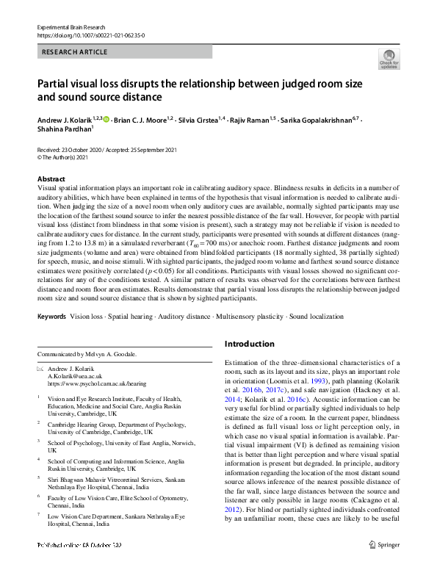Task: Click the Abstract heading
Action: tap(52, 179)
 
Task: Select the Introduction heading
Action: tap(249, 344)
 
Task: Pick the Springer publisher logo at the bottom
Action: tap(383, 566)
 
